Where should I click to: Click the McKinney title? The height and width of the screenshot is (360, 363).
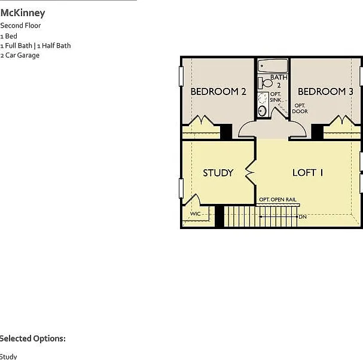(x=23, y=13)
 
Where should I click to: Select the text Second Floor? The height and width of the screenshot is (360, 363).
(x=20, y=26)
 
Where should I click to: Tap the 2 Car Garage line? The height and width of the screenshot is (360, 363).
(x=20, y=56)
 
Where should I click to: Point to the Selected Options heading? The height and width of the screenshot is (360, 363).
(x=33, y=338)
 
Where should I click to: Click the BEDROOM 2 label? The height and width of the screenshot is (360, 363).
(x=218, y=91)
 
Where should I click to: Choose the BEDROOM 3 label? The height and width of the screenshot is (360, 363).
(x=325, y=91)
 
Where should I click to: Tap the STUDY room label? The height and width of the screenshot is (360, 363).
(x=218, y=173)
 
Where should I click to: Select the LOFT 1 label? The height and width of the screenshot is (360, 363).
(x=307, y=172)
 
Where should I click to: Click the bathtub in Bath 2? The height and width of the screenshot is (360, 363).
(x=273, y=66)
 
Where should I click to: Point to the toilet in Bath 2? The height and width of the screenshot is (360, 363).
(x=266, y=83)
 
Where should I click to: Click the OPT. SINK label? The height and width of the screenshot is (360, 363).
(x=276, y=97)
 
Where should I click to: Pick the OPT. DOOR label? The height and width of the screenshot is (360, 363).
(x=300, y=108)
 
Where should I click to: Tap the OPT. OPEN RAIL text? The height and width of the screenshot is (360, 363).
(x=277, y=200)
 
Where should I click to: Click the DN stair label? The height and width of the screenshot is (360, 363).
(x=303, y=217)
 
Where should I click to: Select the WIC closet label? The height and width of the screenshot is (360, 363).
(x=195, y=213)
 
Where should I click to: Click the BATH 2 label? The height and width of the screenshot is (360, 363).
(x=279, y=81)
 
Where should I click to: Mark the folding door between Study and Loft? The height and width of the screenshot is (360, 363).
(x=251, y=172)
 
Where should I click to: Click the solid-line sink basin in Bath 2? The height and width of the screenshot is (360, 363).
(x=263, y=111)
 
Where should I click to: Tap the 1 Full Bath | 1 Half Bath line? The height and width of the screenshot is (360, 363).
(x=36, y=45)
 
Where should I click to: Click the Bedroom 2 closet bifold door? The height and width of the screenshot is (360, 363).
(x=202, y=120)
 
